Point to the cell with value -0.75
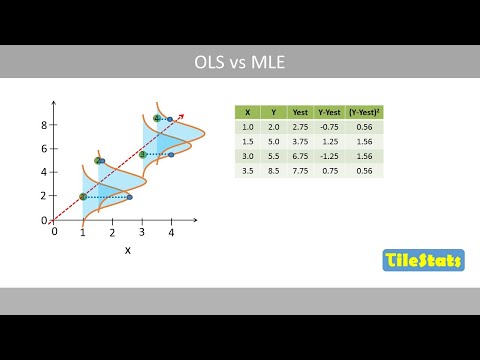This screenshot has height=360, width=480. pyautogui.click(x=328, y=127)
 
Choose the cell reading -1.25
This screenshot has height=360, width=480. pyautogui.click(x=328, y=156)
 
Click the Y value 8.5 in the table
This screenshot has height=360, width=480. pyautogui.click(x=273, y=171)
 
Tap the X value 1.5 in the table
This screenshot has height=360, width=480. pyautogui.click(x=247, y=142)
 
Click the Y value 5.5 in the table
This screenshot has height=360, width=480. pyautogui.click(x=273, y=156)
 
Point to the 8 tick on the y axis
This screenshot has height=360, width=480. pyautogui.click(x=44, y=125)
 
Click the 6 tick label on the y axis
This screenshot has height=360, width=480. pyautogui.click(x=44, y=149)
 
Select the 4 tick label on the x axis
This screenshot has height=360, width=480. pyautogui.click(x=171, y=232)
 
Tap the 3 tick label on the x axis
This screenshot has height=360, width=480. pyautogui.click(x=142, y=232)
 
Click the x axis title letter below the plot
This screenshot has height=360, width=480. pyautogui.click(x=127, y=250)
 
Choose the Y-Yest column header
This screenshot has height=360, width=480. pyautogui.click(x=328, y=112)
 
